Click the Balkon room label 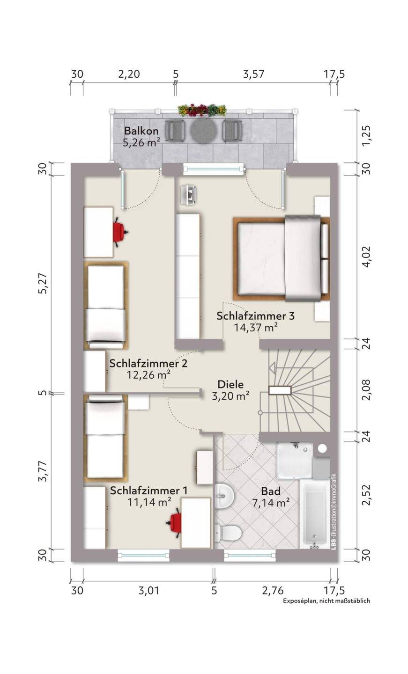[x=141, y=131]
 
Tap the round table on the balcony [x=203, y=131]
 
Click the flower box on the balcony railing [x=202, y=110]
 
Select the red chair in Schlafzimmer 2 [x=120, y=232]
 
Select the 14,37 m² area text [x=256, y=327]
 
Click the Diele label [x=230, y=384]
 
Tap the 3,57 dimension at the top [x=253, y=74]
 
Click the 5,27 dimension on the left [x=44, y=283]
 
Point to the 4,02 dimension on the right [x=366, y=256]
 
